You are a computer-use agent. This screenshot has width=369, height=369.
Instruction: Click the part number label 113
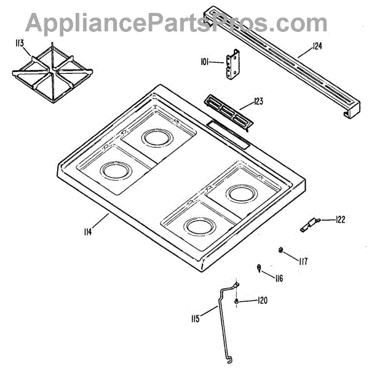[x=19, y=43]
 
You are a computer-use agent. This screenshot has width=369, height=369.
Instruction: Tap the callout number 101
[x=205, y=61]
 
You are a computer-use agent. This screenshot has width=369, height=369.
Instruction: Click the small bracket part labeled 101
[x=232, y=66]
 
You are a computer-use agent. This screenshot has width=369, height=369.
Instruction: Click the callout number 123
[x=258, y=101]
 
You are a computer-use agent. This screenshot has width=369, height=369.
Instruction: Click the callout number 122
[x=340, y=220]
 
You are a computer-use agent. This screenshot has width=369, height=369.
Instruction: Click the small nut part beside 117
[x=281, y=249]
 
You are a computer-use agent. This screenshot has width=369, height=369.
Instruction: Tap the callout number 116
[x=279, y=279]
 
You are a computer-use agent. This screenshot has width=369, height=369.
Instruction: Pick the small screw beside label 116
[x=260, y=267]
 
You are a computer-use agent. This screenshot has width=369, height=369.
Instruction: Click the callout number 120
[x=262, y=301]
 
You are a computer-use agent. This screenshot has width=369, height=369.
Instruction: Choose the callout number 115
[x=195, y=319]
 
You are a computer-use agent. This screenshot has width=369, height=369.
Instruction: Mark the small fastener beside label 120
[x=237, y=301]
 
